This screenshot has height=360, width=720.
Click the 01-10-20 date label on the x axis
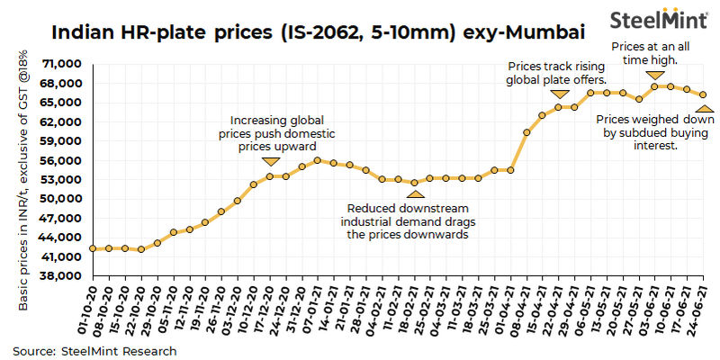[x=90, y=308]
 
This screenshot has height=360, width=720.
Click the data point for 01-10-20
[x=93, y=248]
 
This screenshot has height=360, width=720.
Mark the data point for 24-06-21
[x=703, y=94]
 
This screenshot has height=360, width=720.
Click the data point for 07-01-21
[x=318, y=160]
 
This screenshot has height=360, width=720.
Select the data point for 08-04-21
[x=526, y=131]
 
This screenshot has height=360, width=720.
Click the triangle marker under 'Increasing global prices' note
[x=270, y=162]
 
